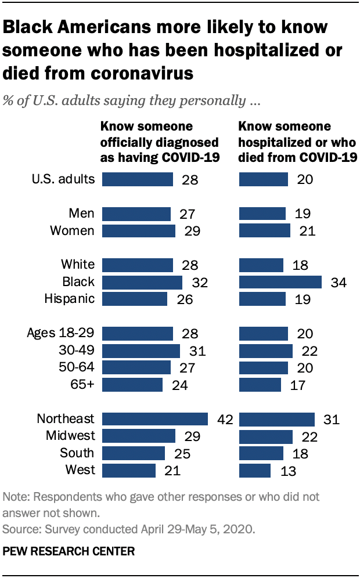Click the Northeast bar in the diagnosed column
click(154, 419)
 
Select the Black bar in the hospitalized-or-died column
click(280, 282)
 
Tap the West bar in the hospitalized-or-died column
click(255, 470)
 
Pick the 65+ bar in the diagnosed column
click(132, 384)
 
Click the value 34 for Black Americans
click(338, 283)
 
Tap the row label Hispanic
click(69, 299)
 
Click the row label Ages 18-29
click(60, 333)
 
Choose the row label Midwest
click(66, 435)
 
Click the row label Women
click(72, 230)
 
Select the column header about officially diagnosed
click(160, 143)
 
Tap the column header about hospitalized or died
click(297, 143)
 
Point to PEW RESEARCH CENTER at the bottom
click(69, 551)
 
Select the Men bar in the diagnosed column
click(136, 214)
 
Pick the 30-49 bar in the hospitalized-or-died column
click(265, 351)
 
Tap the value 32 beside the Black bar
click(200, 283)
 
